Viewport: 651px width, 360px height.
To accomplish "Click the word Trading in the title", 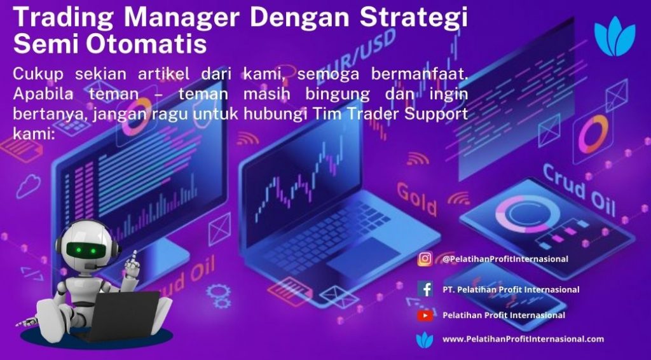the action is click(x=64, y=17).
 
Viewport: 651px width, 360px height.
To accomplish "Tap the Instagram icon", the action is click(x=425, y=259).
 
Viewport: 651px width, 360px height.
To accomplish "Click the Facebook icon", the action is click(x=425, y=289).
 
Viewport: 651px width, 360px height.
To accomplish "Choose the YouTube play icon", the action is click(x=425, y=315).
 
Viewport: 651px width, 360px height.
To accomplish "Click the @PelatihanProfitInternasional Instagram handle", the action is click(x=505, y=259).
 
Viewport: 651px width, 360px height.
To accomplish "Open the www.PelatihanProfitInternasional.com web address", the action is click(x=523, y=339).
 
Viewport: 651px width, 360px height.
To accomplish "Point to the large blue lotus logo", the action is click(x=615, y=36).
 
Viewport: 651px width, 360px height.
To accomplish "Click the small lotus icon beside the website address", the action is click(x=424, y=339).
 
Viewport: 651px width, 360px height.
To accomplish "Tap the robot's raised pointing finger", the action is click(x=134, y=256).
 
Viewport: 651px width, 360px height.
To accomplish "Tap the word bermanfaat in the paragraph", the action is click(x=420, y=74).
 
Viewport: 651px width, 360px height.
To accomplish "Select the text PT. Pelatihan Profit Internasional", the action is click(x=511, y=289).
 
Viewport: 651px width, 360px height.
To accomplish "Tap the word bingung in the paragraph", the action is click(x=338, y=94).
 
